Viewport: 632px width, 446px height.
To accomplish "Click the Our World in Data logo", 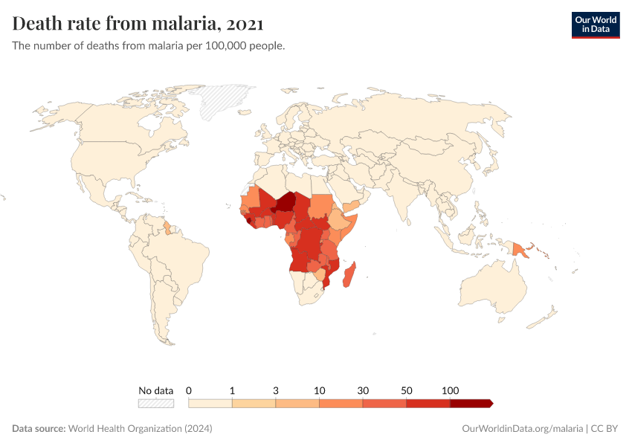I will [x=595, y=25].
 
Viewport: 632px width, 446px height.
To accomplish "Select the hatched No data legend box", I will [x=155, y=403].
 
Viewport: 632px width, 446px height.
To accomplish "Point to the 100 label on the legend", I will [x=450, y=390].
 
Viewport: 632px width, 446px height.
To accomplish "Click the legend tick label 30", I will [x=363, y=390].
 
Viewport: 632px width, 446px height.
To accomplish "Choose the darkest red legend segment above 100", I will [x=470, y=403].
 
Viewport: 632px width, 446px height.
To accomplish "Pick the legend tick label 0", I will [x=189, y=390].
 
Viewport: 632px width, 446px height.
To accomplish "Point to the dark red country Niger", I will [x=284, y=202].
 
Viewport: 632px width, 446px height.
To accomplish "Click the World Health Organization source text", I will [x=140, y=429].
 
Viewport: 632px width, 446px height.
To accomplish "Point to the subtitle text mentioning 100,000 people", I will [x=149, y=45].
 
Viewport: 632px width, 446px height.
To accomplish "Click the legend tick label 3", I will [x=276, y=390].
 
